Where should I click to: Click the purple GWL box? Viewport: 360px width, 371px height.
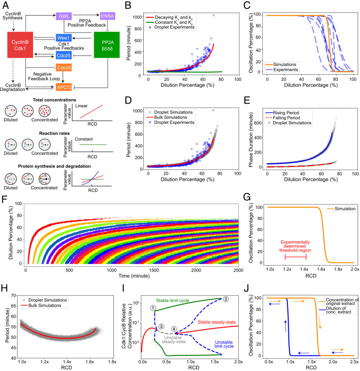63,16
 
